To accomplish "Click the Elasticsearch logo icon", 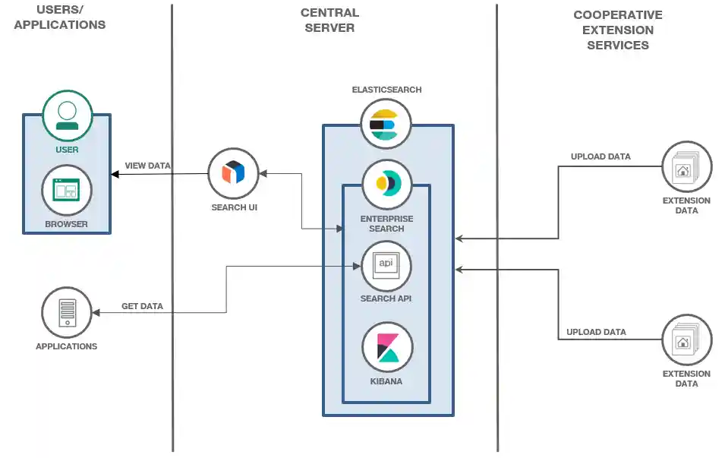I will (x=386, y=123).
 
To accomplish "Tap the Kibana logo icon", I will (x=386, y=347).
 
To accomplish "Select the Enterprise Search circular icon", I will (x=386, y=183).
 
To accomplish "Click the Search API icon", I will (x=386, y=265).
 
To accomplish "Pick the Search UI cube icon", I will (x=233, y=172).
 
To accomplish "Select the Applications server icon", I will (x=67, y=312).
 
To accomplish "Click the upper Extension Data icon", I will (x=686, y=166).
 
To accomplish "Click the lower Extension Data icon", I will (x=686, y=340).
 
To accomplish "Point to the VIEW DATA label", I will (x=147, y=166).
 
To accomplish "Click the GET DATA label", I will (x=142, y=307).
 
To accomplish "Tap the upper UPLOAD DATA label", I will (x=600, y=157).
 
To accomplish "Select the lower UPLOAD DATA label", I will (x=596, y=332).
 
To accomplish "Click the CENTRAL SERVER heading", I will (x=329, y=21).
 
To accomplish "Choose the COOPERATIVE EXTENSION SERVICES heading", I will (x=617, y=30).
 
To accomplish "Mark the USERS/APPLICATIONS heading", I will (x=59, y=17).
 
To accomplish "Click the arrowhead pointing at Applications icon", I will (x=96, y=312).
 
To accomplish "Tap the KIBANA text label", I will (x=386, y=381).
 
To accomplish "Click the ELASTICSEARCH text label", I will (x=386, y=90).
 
